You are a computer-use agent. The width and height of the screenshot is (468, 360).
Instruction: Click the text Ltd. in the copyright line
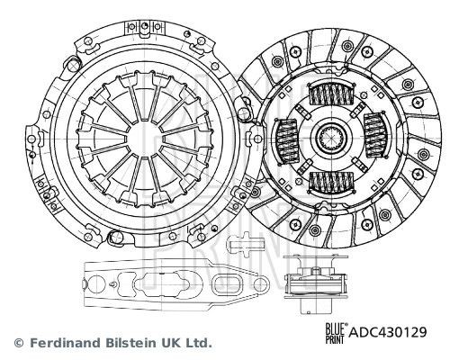pyautogui.click(x=197, y=343)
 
